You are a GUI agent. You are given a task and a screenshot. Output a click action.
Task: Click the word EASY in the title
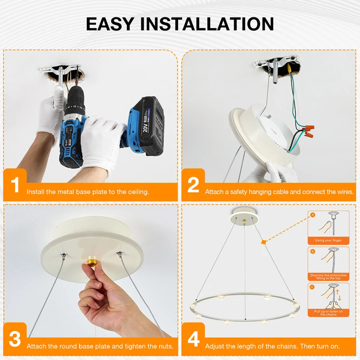click(x=110, y=24)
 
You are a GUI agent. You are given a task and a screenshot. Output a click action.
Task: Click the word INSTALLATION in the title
click(x=207, y=24)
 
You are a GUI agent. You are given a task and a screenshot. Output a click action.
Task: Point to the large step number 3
click(x=15, y=339)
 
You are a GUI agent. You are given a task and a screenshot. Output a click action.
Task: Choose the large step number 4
click(x=194, y=339)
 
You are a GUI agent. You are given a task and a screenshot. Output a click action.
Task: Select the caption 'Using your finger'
click(x=328, y=240)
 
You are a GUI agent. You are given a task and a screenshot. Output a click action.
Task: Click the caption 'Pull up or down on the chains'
click(x=328, y=313)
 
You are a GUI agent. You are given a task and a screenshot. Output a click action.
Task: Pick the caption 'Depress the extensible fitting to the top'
click(x=328, y=277)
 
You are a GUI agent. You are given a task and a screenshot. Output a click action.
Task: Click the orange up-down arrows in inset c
click(x=338, y=296)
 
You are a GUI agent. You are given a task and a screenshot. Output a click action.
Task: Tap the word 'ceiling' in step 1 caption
click(x=138, y=192)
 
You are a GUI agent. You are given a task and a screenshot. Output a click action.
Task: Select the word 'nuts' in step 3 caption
click(x=166, y=346)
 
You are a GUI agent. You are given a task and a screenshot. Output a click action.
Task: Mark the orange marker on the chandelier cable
click(x=263, y=242)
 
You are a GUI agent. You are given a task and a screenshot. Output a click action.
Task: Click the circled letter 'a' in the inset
click(x=312, y=215)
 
